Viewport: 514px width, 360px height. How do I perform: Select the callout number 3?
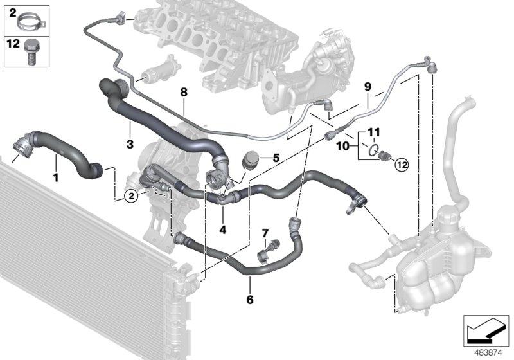[130, 145]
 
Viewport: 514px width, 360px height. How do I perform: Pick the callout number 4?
[222, 229]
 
